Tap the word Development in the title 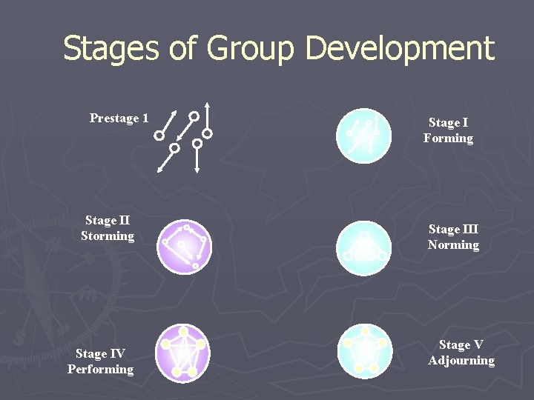[x=399, y=49]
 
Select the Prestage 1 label [x=119, y=119]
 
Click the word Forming [x=448, y=139]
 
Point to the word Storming [x=108, y=236]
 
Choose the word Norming [x=453, y=245]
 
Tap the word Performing [x=100, y=369]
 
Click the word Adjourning [x=461, y=361]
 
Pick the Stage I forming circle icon [x=363, y=136]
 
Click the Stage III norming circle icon [x=363, y=248]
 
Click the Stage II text [x=108, y=221]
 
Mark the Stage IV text [x=100, y=353]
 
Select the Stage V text [x=461, y=345]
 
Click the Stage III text [x=453, y=230]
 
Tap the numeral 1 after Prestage [x=145, y=119]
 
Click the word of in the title [x=186, y=49]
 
